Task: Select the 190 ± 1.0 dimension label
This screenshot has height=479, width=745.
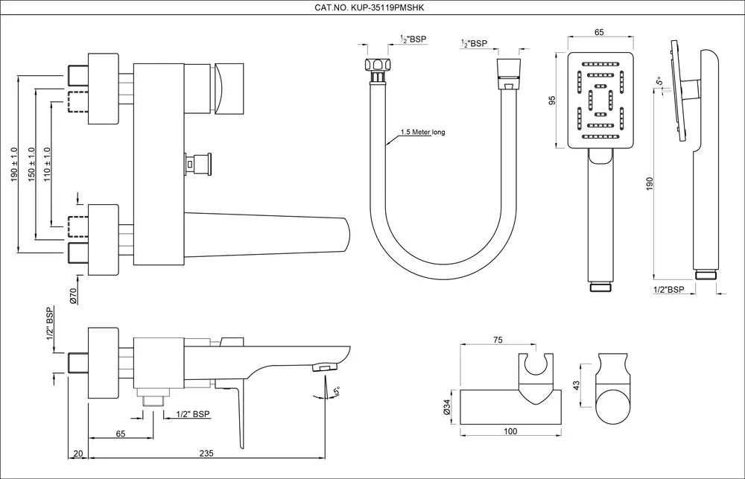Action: click(x=14, y=165)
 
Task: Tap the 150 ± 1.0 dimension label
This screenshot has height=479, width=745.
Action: click(x=31, y=165)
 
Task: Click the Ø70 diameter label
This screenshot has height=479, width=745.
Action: click(x=74, y=296)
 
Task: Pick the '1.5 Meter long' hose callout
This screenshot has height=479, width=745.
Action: click(x=422, y=133)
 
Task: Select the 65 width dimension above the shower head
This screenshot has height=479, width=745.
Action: click(x=599, y=32)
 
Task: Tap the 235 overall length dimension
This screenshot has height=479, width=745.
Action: click(x=208, y=452)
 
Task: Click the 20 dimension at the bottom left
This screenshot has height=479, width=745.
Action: click(x=78, y=452)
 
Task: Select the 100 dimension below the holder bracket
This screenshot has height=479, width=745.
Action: click(x=510, y=431)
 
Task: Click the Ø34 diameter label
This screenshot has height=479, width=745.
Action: click(x=447, y=407)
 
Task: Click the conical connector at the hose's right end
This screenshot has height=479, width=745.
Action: click(x=507, y=70)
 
